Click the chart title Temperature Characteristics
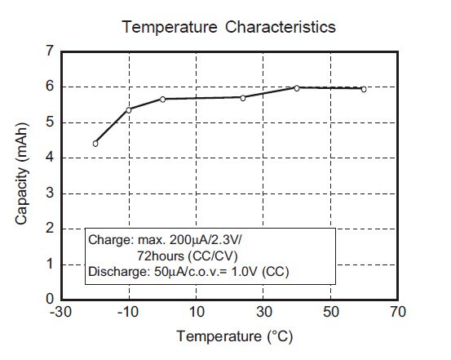(228, 27)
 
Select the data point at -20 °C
(95, 144)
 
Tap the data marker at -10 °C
(129, 109)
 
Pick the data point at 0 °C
(162, 99)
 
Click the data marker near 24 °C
(243, 97)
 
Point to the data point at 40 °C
(297, 87)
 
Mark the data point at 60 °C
(364, 89)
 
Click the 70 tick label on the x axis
(397, 312)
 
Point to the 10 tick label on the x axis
(197, 312)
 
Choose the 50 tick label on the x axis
(330, 312)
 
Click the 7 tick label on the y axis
(50, 51)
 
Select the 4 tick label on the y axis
(50, 158)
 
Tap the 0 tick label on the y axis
(50, 299)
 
